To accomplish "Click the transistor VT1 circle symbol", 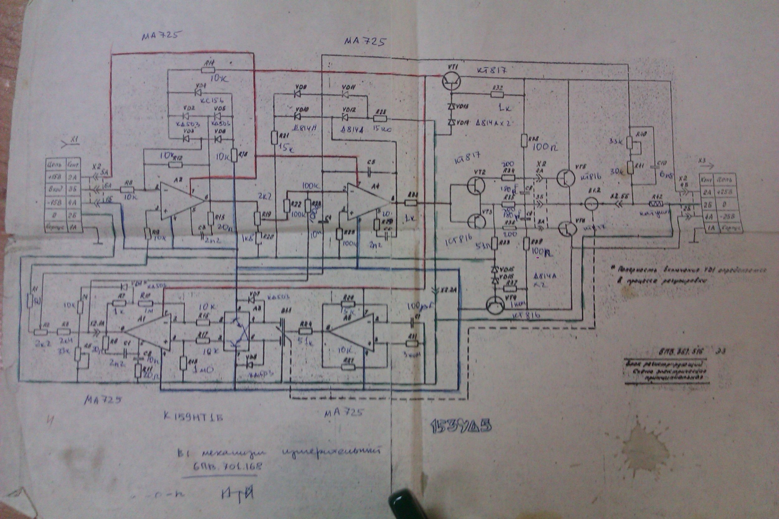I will pyautogui.click(x=452, y=81).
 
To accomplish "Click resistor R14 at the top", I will pyautogui.click(x=208, y=70).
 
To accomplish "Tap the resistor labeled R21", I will pyautogui.click(x=274, y=138).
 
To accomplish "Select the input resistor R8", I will pyautogui.click(x=127, y=189).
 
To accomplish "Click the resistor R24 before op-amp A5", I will pyautogui.click(x=303, y=331).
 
